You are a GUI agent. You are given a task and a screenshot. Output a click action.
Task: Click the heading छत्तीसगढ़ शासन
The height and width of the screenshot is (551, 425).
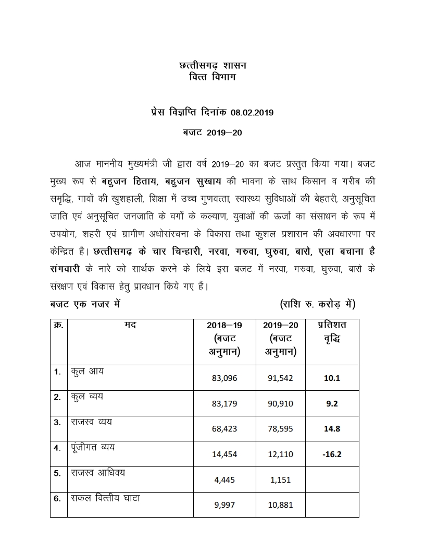click(213, 66)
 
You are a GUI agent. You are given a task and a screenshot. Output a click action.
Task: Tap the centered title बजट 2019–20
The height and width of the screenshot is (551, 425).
click(213, 133)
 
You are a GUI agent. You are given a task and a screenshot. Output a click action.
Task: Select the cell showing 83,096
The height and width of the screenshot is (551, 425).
click(224, 378)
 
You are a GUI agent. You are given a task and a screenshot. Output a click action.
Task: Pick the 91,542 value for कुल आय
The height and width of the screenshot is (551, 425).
click(280, 378)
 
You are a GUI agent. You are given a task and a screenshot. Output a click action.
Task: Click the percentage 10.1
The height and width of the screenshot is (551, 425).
click(332, 378)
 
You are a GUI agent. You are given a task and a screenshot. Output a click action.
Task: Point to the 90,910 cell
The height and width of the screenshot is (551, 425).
click(280, 403)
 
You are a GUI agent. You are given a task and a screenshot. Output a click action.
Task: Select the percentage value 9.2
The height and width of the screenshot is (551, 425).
click(332, 403)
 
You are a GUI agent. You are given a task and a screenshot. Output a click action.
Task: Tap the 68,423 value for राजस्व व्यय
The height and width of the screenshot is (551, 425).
click(224, 428)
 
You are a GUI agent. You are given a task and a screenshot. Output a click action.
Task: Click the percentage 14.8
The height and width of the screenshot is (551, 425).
click(332, 428)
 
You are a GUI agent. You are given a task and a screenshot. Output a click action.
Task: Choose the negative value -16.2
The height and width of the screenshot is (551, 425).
click(332, 454)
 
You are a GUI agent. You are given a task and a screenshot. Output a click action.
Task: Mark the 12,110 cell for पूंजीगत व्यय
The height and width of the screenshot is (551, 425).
click(280, 454)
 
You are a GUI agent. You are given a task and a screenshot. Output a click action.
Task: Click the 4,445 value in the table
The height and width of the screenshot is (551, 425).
click(224, 480)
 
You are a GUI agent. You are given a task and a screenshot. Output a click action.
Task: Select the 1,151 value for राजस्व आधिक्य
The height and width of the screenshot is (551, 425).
click(280, 480)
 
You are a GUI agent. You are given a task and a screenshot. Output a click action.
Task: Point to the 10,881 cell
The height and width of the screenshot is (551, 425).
click(280, 505)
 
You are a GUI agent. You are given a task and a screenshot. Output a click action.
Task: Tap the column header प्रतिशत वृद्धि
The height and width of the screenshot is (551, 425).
click(332, 332)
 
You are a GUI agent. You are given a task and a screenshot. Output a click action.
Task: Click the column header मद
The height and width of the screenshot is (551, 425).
click(130, 325)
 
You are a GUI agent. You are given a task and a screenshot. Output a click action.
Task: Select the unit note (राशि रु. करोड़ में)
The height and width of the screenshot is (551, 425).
click(317, 304)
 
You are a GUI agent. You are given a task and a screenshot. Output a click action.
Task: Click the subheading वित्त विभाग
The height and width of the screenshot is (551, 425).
click(213, 78)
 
